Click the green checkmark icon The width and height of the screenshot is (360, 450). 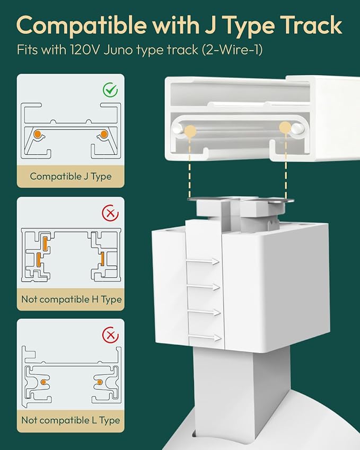(110, 90)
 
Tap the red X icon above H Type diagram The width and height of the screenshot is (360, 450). (110, 213)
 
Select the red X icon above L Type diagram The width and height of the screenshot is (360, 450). (110, 335)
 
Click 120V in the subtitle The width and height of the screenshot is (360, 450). (85, 50)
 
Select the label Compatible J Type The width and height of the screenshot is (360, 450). (71, 176)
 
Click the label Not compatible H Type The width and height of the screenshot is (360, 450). (72, 299)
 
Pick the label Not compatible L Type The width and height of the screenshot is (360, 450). (71, 420)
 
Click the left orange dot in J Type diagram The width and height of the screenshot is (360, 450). (37, 134)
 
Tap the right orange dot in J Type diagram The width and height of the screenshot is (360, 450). (104, 134)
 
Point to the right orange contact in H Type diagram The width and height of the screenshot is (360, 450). (102, 259)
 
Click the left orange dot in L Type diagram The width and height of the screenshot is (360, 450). (43, 382)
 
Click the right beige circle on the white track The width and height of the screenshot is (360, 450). (285, 127)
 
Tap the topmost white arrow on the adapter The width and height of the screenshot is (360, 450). (203, 261)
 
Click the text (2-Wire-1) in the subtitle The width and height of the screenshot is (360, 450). (232, 50)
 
